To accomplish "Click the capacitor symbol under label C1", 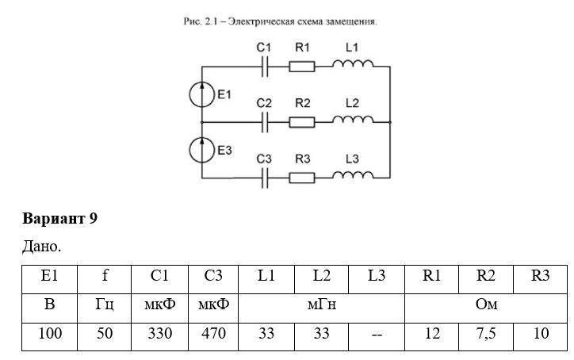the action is pyautogui.click(x=265, y=67).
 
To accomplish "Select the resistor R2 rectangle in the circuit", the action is pyautogui.click(x=302, y=122).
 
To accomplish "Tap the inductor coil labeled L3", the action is pyautogui.click(x=353, y=175).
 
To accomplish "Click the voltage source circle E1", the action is pyautogui.click(x=201, y=94).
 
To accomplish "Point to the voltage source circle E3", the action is pyautogui.click(x=201, y=150).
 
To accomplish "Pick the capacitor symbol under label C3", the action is pyautogui.click(x=265, y=178).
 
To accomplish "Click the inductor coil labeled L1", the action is pyautogui.click(x=353, y=63).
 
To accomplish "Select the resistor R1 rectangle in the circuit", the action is pyautogui.click(x=302, y=67).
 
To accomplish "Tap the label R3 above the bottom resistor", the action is pyautogui.click(x=303, y=159).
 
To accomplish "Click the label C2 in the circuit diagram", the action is pyautogui.click(x=264, y=103).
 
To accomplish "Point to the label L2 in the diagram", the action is pyautogui.click(x=352, y=103).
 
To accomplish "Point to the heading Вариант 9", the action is pyautogui.click(x=60, y=219).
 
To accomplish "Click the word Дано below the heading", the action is pyautogui.click(x=40, y=247).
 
